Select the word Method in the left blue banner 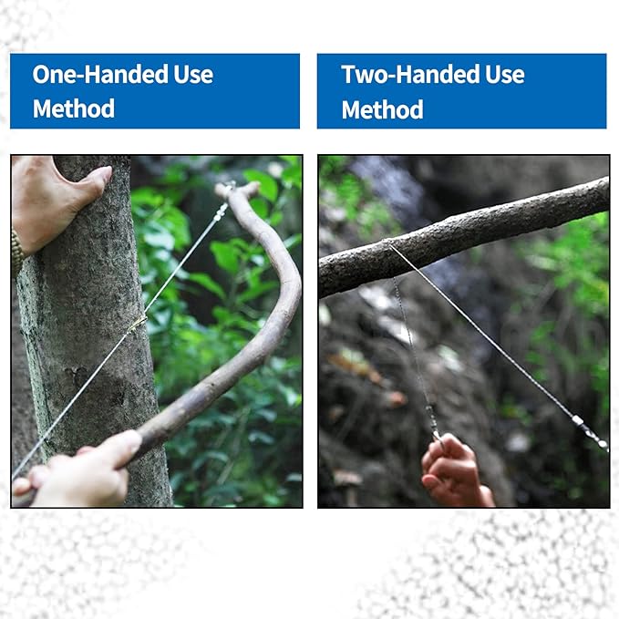[74, 108]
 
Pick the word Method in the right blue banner [382, 109]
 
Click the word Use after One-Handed [193, 74]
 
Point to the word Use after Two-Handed [505, 74]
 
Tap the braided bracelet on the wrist [17, 253]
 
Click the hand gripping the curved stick [79, 469]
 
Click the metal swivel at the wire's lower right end [590, 433]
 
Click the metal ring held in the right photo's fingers [438, 438]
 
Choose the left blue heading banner [155, 91]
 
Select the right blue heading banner [461, 91]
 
